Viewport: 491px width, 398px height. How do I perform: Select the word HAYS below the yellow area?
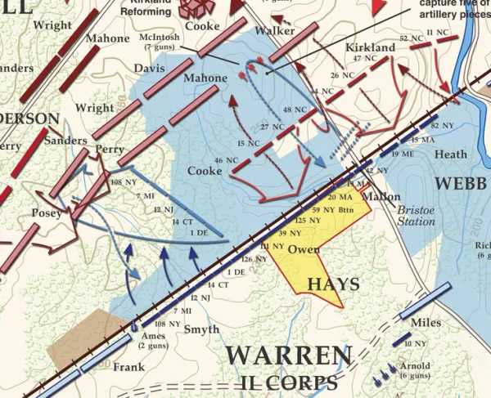[x=333, y=284]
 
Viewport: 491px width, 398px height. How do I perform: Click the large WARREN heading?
[x=289, y=356]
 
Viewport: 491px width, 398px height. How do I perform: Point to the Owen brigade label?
[x=304, y=249]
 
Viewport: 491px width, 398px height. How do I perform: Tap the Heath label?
[x=451, y=154]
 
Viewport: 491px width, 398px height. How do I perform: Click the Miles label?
[x=426, y=323]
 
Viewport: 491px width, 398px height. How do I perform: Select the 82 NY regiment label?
[x=441, y=125]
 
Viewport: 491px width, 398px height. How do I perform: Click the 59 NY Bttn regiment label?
[x=318, y=209]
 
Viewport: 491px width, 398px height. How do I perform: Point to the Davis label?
[x=148, y=69]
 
